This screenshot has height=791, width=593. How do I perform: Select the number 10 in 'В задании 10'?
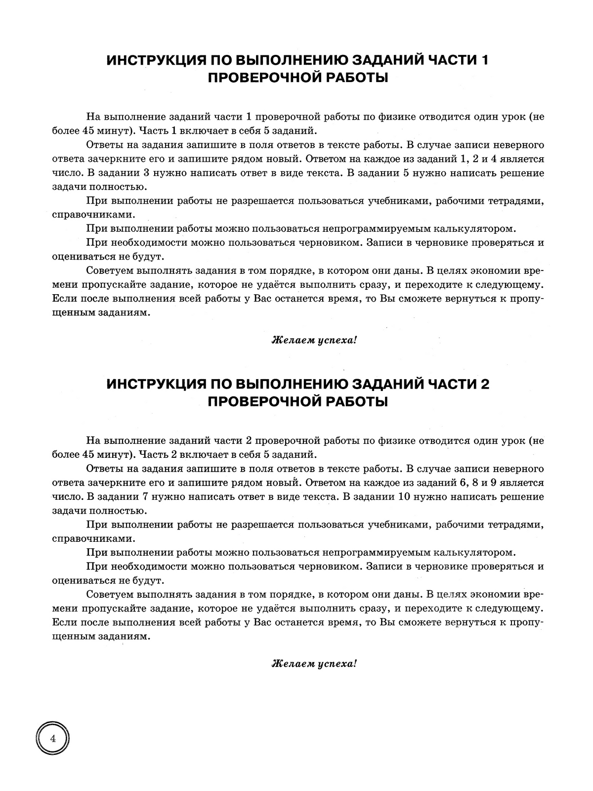[x=403, y=497]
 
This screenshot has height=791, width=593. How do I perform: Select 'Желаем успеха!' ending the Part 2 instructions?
[x=314, y=664]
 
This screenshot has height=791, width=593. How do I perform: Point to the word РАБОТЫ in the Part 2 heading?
[x=355, y=401]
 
